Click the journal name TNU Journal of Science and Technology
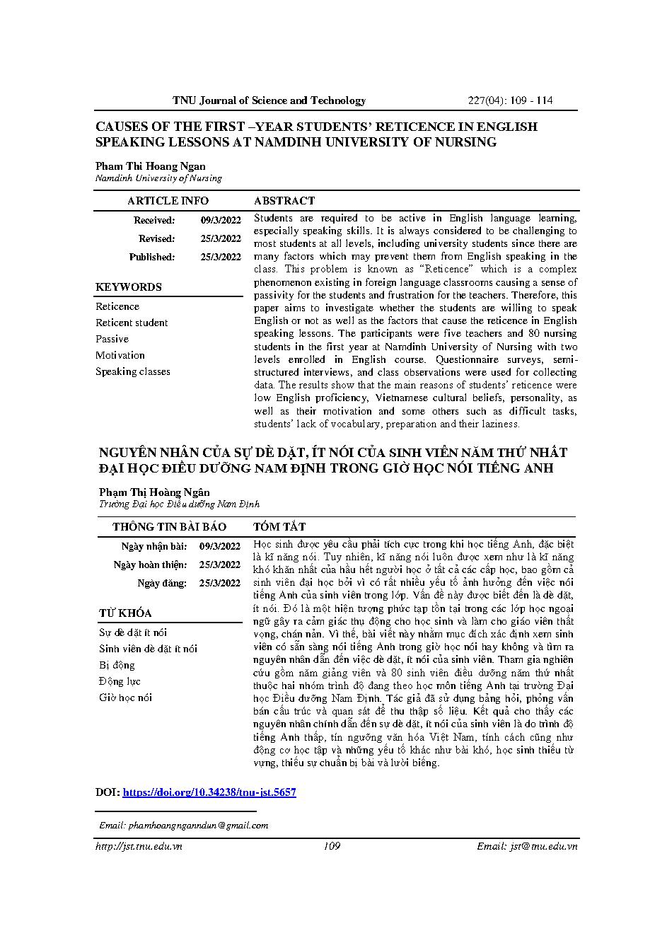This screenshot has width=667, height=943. [269, 100]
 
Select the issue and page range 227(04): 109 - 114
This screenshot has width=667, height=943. [511, 100]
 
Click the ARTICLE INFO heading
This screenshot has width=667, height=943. [168, 201]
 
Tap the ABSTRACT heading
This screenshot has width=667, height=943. [284, 201]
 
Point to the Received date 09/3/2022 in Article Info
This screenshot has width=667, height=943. [221, 221]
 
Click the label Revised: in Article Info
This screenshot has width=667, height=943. [156, 239]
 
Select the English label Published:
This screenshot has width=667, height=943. [151, 258]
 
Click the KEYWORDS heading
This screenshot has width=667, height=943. [129, 287]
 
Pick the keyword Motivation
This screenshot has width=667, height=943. [120, 355]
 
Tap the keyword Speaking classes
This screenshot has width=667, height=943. [133, 371]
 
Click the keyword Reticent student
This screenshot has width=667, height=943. [132, 323]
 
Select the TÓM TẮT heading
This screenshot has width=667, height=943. [279, 527]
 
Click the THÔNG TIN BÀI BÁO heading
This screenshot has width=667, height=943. [169, 527]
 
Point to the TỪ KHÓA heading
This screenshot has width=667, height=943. [125, 613]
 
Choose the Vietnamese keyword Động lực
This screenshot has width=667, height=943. [120, 681]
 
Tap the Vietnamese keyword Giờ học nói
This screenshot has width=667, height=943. [125, 698]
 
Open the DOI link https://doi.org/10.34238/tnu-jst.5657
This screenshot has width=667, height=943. [209, 792]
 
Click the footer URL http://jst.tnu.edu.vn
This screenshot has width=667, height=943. [139, 846]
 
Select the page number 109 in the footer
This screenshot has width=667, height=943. [331, 846]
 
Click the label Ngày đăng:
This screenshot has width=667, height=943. [162, 584]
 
